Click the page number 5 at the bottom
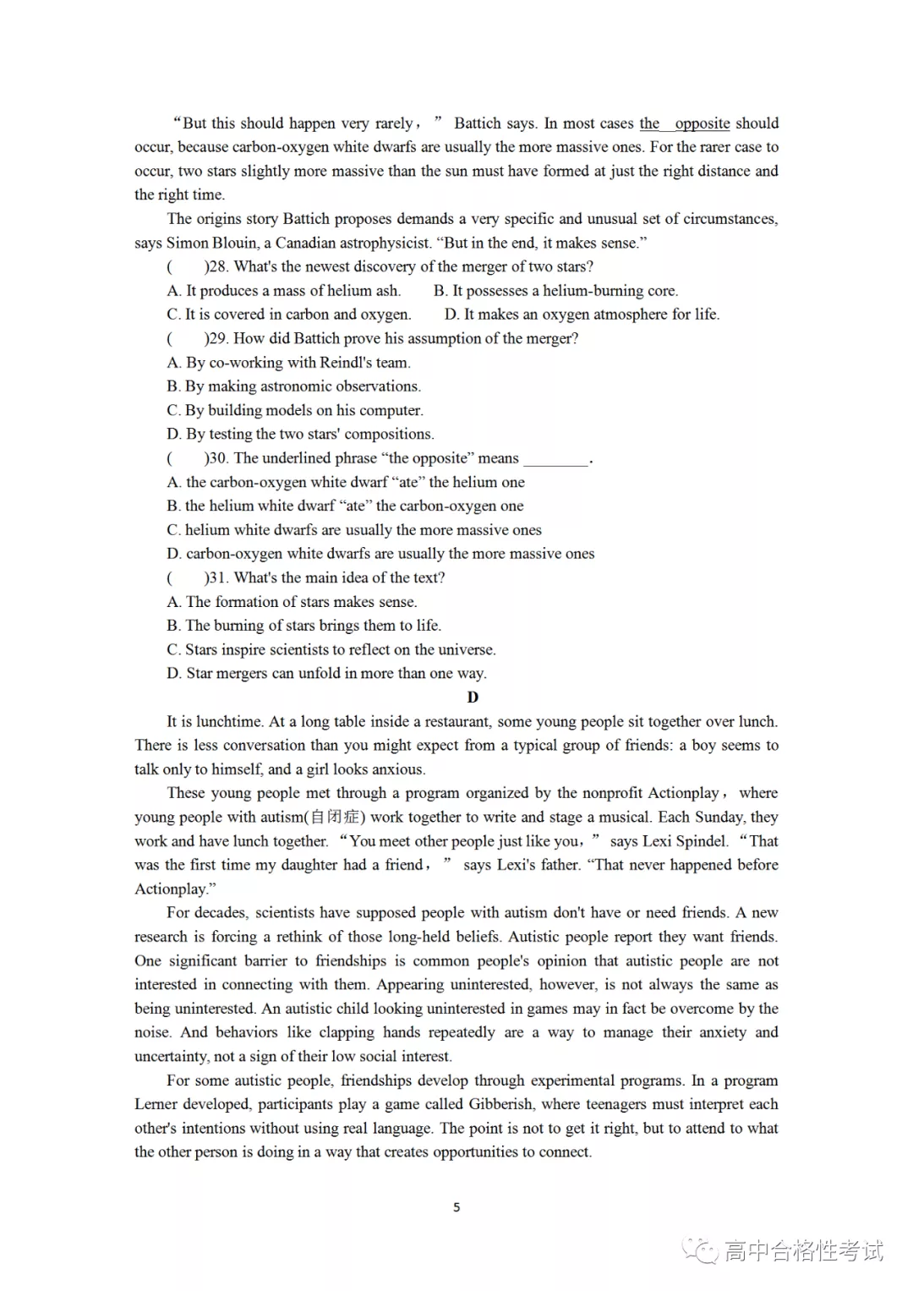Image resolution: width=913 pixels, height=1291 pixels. tap(456, 1207)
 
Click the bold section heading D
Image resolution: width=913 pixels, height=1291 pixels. tap(473, 697)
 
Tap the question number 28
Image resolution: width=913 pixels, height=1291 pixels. tap(218, 267)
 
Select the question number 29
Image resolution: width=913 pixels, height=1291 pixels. tap(218, 339)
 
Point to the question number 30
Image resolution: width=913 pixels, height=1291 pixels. tap(218, 458)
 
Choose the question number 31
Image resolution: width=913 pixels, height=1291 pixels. tap(218, 578)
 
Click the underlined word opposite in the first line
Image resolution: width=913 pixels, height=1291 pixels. tap(703, 123)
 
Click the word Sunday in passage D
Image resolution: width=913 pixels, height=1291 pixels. tap(718, 818)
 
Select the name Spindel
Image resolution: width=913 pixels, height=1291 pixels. tap(701, 841)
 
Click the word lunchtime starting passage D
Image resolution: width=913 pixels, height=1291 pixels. tap(230, 722)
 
